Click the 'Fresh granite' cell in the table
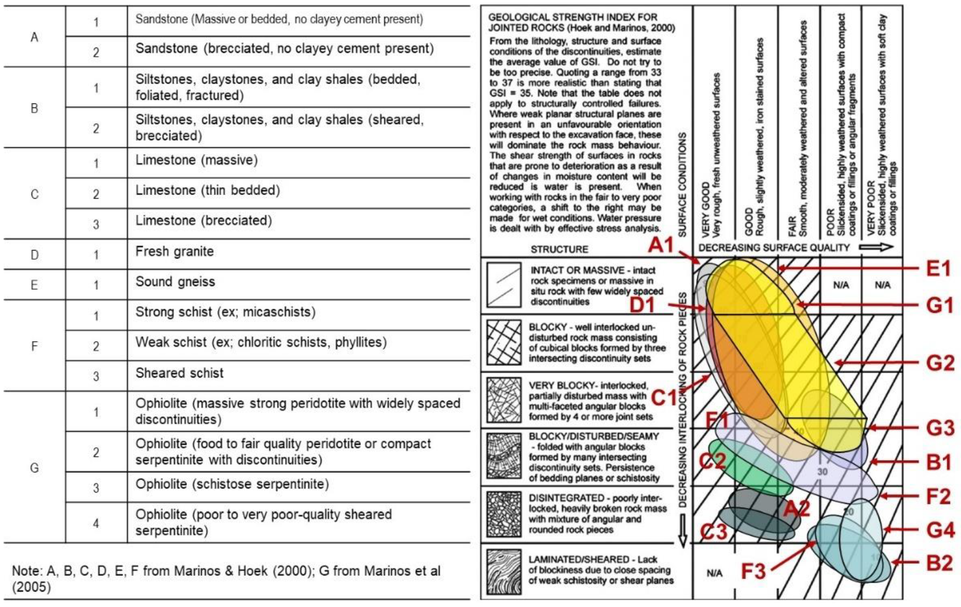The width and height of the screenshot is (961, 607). click(174, 252)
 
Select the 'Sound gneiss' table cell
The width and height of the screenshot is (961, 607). click(175, 282)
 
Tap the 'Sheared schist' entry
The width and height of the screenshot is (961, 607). click(179, 373)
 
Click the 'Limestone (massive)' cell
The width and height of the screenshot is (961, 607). click(196, 160)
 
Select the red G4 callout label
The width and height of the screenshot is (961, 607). click(940, 530)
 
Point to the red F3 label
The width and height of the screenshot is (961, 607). click(753, 571)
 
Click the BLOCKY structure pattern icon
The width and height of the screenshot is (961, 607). click(504, 342)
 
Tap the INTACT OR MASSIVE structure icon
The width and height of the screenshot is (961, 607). click(504, 284)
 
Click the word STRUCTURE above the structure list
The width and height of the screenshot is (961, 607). click(559, 249)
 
